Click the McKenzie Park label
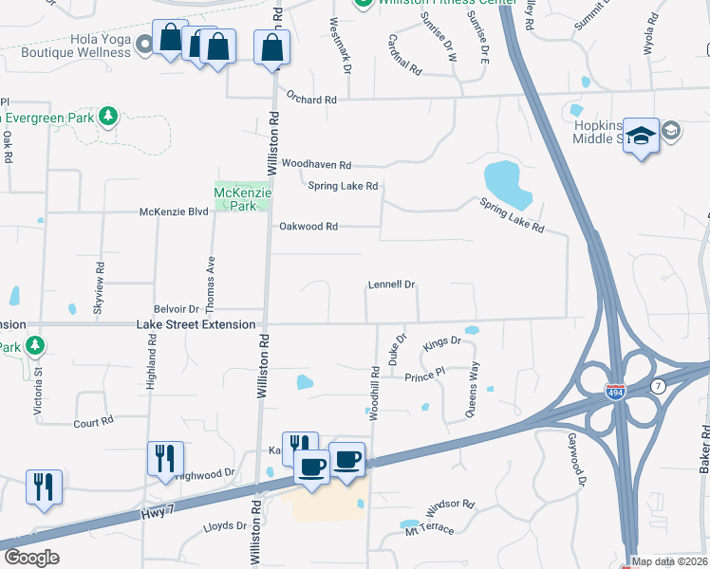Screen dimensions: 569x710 click(x=243, y=198)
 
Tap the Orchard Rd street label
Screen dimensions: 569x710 click(x=311, y=100)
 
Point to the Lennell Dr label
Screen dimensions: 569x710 click(x=392, y=284)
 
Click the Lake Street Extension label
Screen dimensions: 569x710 click(x=196, y=324)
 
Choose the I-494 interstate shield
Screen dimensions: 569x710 click(x=614, y=389)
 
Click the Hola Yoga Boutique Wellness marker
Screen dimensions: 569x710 click(x=144, y=43)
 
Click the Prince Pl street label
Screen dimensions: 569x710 click(x=424, y=375)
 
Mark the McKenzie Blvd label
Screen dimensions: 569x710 click(x=174, y=212)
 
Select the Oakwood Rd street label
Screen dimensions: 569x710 click(x=308, y=227)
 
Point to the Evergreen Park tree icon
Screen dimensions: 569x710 click(x=109, y=117)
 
